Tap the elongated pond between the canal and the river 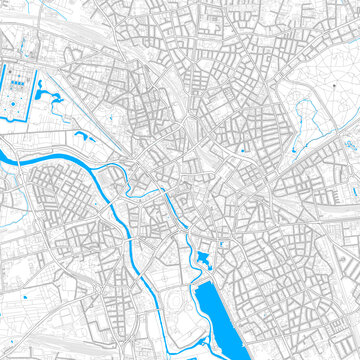81,134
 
